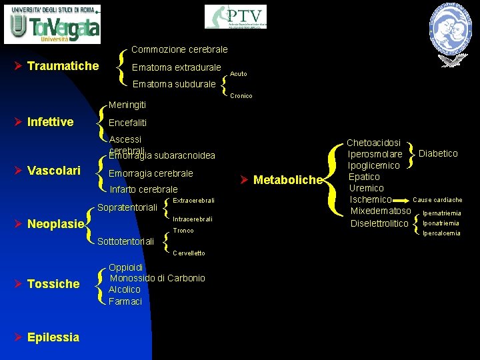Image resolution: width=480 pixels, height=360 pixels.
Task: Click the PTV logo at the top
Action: coord(235,17)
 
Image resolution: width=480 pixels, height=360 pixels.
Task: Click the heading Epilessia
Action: coord(53,337)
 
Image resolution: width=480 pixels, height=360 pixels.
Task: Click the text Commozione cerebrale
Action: coord(179,49)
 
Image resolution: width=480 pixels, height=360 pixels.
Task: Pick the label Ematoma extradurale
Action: coord(177,67)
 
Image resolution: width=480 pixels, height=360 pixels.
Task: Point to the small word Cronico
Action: coord(241,96)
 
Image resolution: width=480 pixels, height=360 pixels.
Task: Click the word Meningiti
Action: coord(127,105)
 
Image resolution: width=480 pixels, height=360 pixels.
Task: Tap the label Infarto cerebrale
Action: coord(143,189)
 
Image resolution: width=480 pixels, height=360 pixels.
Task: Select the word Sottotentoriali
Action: coord(126,241)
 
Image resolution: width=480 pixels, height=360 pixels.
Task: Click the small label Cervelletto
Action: coord(189,253)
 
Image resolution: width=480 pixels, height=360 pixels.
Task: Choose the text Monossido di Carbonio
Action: coord(157,278)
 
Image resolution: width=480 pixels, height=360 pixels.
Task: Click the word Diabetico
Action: coord(438,153)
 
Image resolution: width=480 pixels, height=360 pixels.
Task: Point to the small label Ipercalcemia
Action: coord(441,233)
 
